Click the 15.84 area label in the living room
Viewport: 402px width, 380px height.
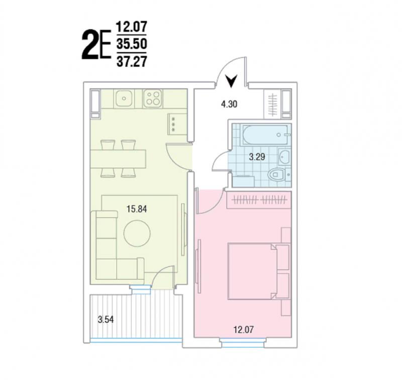coord(137,209)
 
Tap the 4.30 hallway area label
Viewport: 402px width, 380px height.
coord(229,104)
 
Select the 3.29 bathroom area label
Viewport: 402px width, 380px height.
coord(257,157)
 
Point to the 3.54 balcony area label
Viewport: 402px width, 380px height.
coord(106,320)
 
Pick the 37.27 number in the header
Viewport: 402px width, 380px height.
coord(132,61)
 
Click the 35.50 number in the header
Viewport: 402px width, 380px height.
coord(132,44)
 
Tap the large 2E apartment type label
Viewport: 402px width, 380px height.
coord(96,45)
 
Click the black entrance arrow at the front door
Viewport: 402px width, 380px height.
coord(232,81)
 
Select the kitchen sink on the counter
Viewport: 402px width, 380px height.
coord(124,98)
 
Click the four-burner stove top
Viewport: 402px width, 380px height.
coord(153,98)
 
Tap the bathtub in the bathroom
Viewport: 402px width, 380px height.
coord(266,135)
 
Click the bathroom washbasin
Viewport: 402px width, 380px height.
coord(284,156)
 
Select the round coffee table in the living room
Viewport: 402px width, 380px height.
coord(137,233)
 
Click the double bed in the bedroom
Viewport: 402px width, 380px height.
coord(253,271)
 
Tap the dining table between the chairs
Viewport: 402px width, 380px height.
coord(118,159)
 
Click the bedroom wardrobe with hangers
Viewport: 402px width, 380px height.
coord(259,200)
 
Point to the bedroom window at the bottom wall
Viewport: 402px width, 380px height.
coord(243,343)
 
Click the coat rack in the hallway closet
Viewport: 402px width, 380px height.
coord(272,105)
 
